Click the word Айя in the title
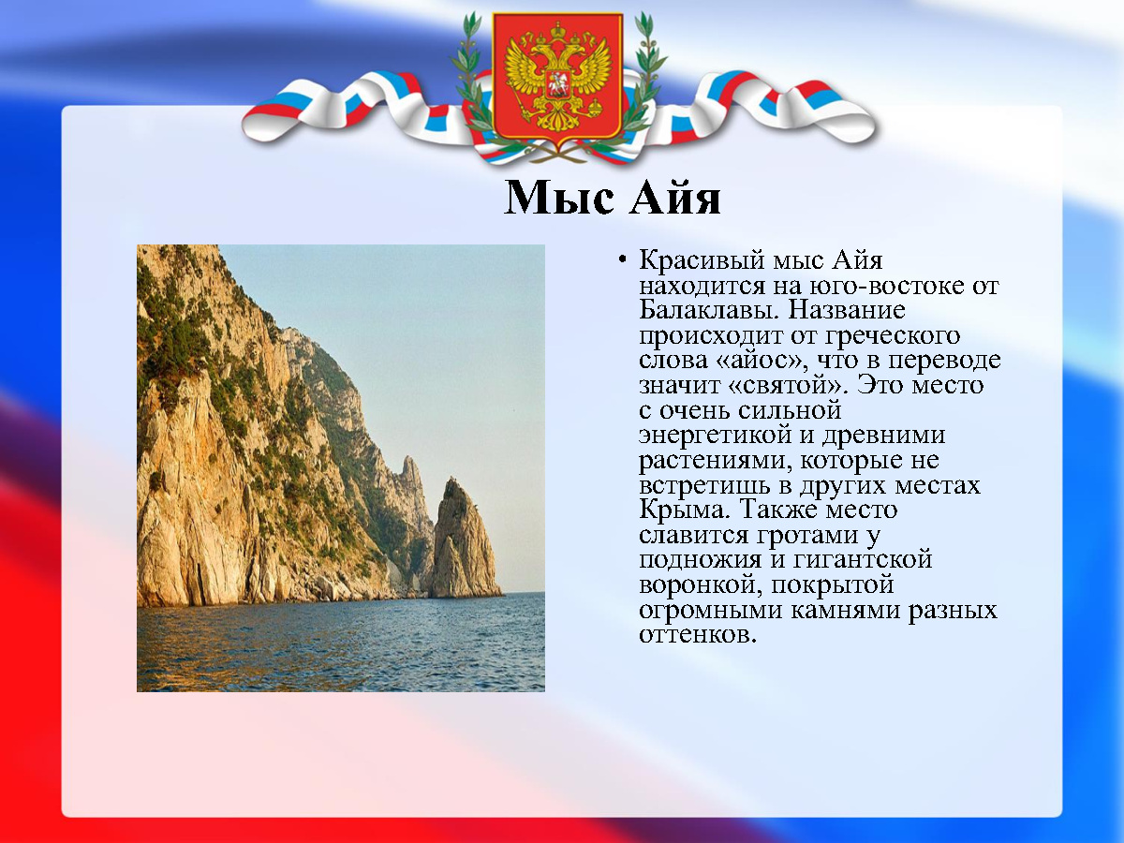tap(675, 198)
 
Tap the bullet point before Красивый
tap(622, 260)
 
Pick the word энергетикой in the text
tap(715, 435)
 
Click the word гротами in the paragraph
tap(806, 535)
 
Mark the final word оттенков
tap(698, 635)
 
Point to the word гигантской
tap(862, 559)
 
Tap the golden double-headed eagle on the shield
tap(557, 79)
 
